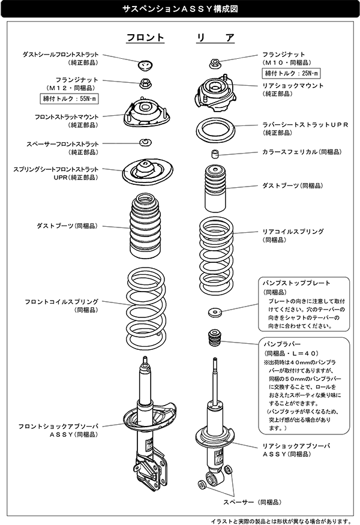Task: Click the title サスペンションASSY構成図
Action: (x=180, y=10)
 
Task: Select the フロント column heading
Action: (x=145, y=37)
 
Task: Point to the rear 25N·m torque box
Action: (x=292, y=73)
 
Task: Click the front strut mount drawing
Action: (x=145, y=112)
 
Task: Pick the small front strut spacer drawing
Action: (x=145, y=142)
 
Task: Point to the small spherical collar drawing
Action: (x=214, y=154)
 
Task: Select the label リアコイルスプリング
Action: (x=293, y=231)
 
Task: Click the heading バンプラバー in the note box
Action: (x=279, y=346)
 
